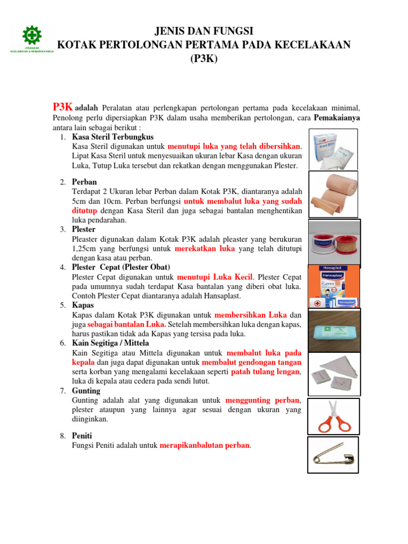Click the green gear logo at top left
[x=32, y=36]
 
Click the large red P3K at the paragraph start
[x=63, y=106]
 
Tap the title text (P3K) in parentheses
[x=204, y=58]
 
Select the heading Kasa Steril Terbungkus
[x=113, y=137]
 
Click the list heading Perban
[x=84, y=182]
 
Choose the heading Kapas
[x=83, y=305]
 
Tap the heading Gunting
[x=86, y=390]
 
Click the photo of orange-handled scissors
[x=334, y=416]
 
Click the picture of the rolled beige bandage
[x=334, y=194]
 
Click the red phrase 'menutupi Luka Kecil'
[x=215, y=277]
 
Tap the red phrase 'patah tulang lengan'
[x=266, y=372]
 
